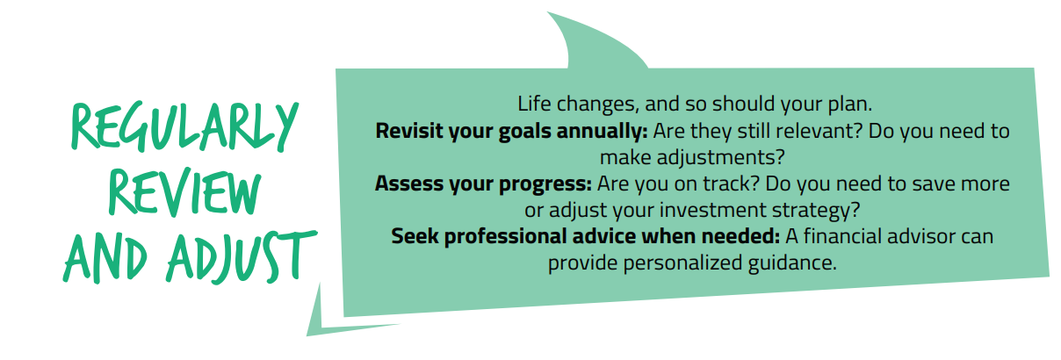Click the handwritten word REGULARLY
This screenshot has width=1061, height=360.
coord(184,126)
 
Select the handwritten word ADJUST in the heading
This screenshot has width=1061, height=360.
coord(242,256)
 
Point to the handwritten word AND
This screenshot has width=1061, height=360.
coord(105,258)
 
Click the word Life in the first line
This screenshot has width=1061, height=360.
coord(534,104)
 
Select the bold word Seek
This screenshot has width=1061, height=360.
coord(415,236)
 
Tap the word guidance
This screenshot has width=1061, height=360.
coord(792,263)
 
